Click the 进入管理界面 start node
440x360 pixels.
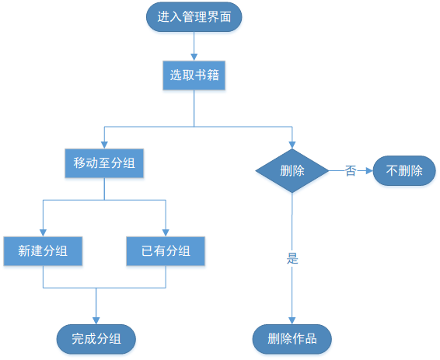pos(194,16)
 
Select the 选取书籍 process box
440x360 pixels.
pos(194,75)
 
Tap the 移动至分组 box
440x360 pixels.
pos(104,163)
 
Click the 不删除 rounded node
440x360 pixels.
pos(404,170)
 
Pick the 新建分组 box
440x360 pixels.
pos(43,251)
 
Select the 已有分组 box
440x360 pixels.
pos(166,251)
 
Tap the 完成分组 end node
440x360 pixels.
pos(96,338)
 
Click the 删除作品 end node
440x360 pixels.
pos(292,338)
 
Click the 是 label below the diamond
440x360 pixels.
pos(292,259)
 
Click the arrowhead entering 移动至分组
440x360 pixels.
pos(104,145)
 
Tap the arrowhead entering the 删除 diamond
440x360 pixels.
pos(292,144)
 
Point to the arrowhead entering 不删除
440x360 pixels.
pos(369,170)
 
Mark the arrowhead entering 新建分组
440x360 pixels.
pos(43,232)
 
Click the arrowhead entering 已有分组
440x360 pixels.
pos(166,232)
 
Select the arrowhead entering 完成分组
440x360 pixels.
pos(96,320)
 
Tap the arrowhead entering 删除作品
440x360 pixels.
pos(292,320)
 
